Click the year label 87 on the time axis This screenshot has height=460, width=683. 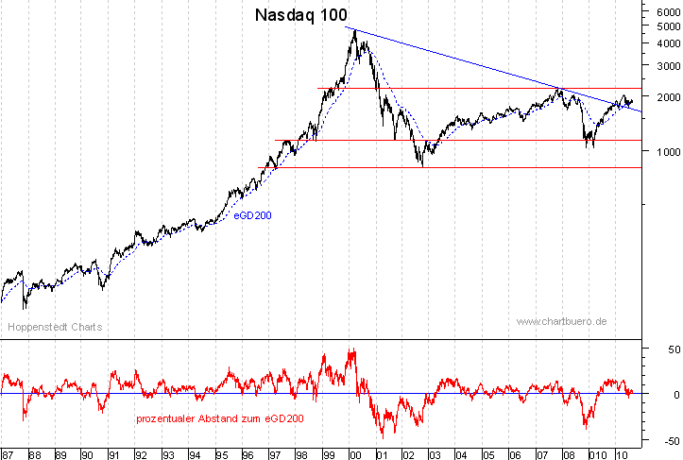[x=7, y=453]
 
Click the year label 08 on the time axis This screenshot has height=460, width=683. [x=566, y=453]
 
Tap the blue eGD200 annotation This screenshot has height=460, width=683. [x=252, y=215]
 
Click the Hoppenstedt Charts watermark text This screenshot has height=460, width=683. [x=55, y=327]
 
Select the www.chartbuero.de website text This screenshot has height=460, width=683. [x=561, y=322]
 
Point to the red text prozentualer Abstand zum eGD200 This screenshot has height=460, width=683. [x=220, y=417]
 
